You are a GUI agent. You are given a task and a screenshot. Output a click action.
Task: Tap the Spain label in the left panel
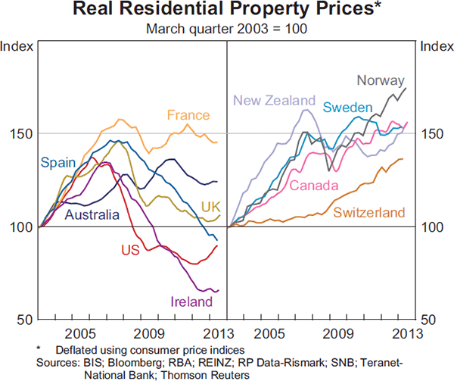click(57, 163)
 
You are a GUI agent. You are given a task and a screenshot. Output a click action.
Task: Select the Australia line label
click(92, 215)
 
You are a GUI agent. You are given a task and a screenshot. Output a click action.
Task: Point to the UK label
click(210, 207)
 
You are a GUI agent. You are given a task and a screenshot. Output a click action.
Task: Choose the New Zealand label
click(273, 101)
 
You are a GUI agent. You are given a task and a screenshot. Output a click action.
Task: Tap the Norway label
click(381, 81)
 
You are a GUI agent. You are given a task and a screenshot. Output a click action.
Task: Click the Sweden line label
click(347, 107)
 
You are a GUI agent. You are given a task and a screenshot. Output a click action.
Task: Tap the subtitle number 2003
click(240, 29)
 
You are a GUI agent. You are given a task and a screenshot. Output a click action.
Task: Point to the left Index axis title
click(17, 46)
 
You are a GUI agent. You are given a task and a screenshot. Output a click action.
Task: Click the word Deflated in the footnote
click(76, 349)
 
